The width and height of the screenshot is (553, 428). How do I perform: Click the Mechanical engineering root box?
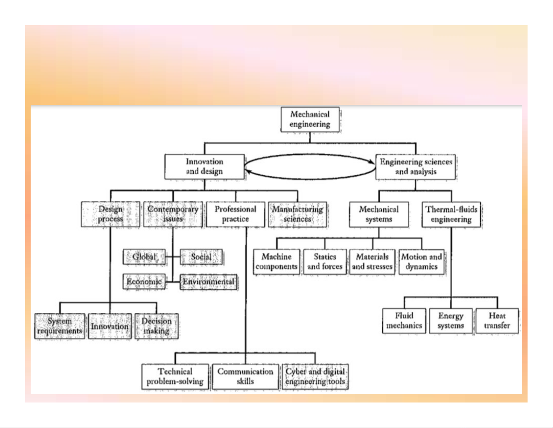(x=310, y=119)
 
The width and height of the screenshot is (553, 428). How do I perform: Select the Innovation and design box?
(x=204, y=167)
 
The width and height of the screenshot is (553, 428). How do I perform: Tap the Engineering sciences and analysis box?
(x=416, y=167)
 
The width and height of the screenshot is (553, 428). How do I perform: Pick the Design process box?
(x=111, y=214)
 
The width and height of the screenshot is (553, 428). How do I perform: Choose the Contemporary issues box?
(x=173, y=214)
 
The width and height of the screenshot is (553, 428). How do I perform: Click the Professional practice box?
(x=236, y=214)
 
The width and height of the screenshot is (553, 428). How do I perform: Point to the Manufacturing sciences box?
(x=298, y=214)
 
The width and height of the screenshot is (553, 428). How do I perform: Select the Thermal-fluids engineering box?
(x=451, y=215)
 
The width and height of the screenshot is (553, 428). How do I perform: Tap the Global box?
(x=144, y=257)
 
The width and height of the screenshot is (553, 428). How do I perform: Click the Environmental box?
(x=208, y=282)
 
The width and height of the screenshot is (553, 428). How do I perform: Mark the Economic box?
(x=144, y=282)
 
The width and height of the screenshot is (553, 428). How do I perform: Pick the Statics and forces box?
(x=325, y=262)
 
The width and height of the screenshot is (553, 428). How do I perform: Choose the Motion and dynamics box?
(x=421, y=262)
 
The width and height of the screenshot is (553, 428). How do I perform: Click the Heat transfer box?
(x=497, y=321)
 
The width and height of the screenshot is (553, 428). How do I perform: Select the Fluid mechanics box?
(x=404, y=321)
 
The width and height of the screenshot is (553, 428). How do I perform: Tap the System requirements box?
(x=60, y=326)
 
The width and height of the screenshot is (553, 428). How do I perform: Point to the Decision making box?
(x=157, y=326)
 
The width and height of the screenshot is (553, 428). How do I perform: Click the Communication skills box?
(x=245, y=377)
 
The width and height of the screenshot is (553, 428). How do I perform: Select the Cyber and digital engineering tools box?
(x=315, y=377)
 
